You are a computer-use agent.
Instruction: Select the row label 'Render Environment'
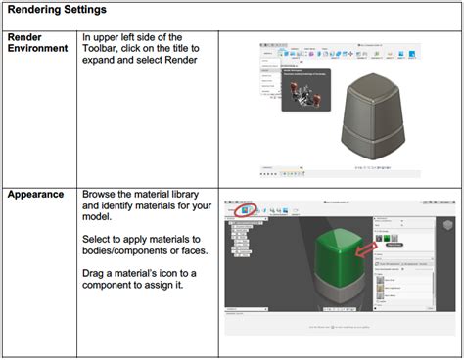[x=37, y=42]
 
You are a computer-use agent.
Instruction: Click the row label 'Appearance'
[x=36, y=194]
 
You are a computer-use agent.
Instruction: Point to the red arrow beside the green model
[x=365, y=257]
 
